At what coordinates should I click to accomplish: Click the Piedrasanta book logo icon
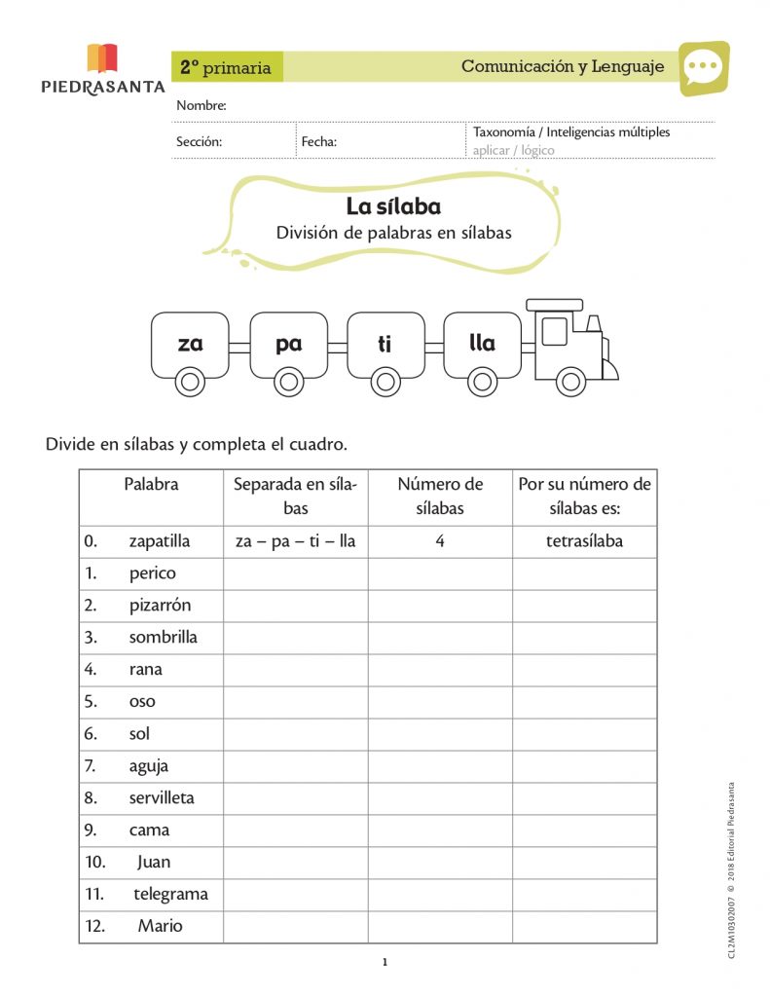pyautogui.click(x=102, y=58)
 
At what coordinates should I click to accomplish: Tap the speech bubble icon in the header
pyautogui.click(x=703, y=67)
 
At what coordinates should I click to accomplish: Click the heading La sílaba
pyautogui.click(x=393, y=206)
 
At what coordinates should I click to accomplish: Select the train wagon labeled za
pyautogui.click(x=190, y=344)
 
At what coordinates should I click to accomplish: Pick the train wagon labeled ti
pyautogui.click(x=385, y=344)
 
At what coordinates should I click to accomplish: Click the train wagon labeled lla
pyautogui.click(x=482, y=344)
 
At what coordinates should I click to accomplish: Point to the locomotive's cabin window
pyautogui.click(x=554, y=331)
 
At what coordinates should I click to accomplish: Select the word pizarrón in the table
pyautogui.click(x=160, y=605)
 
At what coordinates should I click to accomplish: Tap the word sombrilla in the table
pyautogui.click(x=163, y=637)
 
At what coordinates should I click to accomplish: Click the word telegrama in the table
pyautogui.click(x=170, y=894)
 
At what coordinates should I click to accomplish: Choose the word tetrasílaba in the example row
pyautogui.click(x=584, y=541)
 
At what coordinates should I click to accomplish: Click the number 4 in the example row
pyautogui.click(x=440, y=541)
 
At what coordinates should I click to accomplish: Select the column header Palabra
pyautogui.click(x=151, y=484)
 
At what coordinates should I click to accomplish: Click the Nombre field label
pyautogui.click(x=201, y=105)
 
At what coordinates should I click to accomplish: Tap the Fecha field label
pyautogui.click(x=318, y=141)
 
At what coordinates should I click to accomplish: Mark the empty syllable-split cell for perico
pyautogui.click(x=296, y=573)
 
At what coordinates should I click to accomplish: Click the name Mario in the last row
pyautogui.click(x=160, y=926)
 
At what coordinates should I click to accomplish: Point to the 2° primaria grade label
pyautogui.click(x=226, y=67)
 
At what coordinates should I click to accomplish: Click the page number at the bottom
pyautogui.click(x=385, y=963)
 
